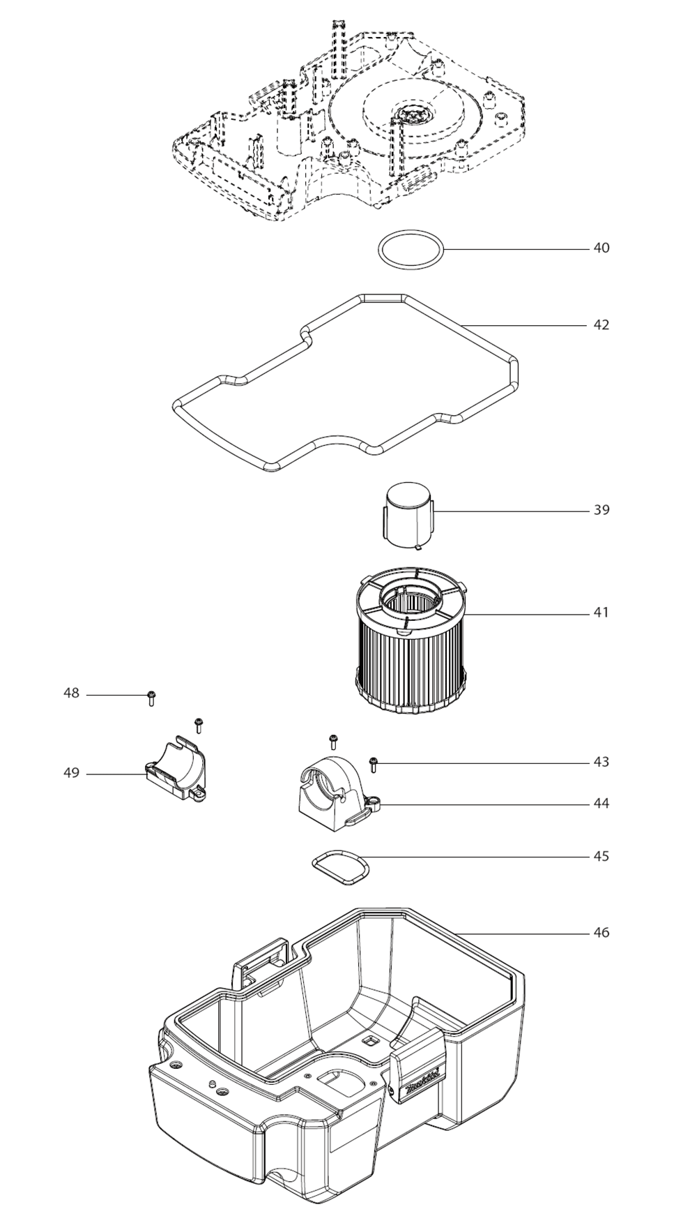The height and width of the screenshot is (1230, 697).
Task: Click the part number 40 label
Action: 601,248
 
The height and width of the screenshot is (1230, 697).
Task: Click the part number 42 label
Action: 601,325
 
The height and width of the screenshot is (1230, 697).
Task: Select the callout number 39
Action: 601,510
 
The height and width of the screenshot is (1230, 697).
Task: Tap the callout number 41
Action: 601,613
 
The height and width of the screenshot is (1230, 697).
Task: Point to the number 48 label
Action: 71,694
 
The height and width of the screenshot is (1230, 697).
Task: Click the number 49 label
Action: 71,774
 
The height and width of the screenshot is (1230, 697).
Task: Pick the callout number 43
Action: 601,762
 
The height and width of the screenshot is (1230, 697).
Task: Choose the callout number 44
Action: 601,804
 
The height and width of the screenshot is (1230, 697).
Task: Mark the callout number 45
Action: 601,856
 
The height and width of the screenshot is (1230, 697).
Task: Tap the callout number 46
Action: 601,933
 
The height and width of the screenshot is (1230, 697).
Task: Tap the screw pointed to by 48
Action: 151,698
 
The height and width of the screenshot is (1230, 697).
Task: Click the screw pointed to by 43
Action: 373,764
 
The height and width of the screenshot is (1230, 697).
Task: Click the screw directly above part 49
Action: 198,724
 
